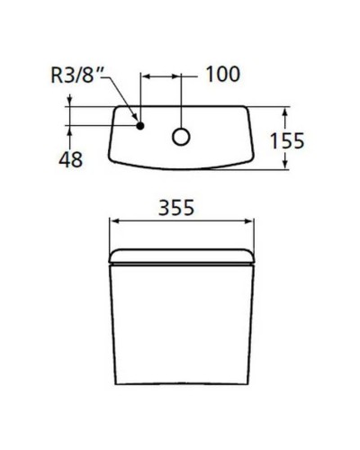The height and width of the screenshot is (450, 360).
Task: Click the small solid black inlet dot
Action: click(139, 125)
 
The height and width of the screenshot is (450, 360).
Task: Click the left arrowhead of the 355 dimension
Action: click(112, 222)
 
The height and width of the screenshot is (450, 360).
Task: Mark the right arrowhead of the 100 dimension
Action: click(181, 77)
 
